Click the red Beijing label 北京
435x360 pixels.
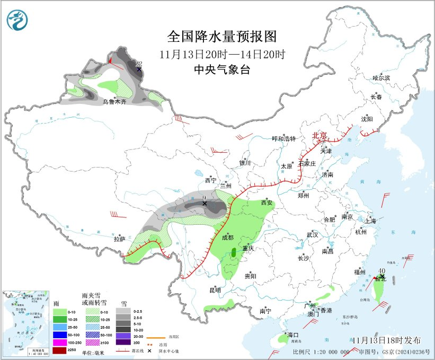pyautogui.click(x=320, y=136)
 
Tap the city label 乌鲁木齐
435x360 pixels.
pyautogui.click(x=115, y=102)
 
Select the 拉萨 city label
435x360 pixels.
pyautogui.click(x=119, y=240)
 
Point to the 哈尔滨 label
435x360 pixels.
pyautogui.click(x=380, y=78)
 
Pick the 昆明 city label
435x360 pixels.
pyautogui.click(x=215, y=290)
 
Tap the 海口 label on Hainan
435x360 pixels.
pyautogui.click(x=293, y=336)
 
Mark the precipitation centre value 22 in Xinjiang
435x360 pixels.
pyautogui.click(x=139, y=64)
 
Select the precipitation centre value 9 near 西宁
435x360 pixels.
pyautogui.click(x=205, y=198)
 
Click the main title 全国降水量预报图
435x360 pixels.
pyautogui.click(x=222, y=37)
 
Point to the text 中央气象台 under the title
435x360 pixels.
pyautogui.click(x=222, y=69)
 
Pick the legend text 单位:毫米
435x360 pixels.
pyautogui.click(x=94, y=353)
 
